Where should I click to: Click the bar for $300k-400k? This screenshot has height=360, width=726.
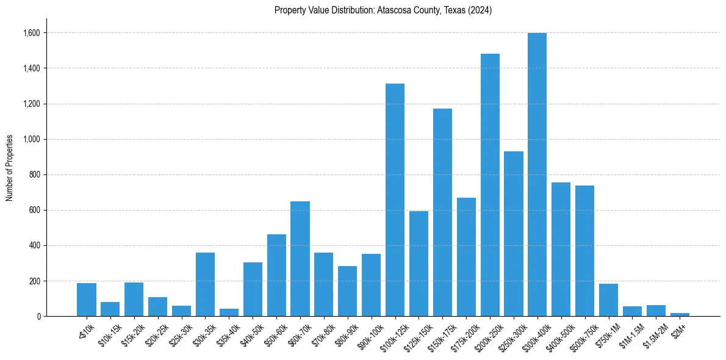(537, 175)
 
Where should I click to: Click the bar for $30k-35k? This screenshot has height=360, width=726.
(205, 284)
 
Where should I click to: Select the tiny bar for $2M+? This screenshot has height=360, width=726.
(680, 314)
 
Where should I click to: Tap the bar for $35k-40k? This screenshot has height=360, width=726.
(229, 312)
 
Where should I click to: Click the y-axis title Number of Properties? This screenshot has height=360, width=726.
(10, 167)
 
